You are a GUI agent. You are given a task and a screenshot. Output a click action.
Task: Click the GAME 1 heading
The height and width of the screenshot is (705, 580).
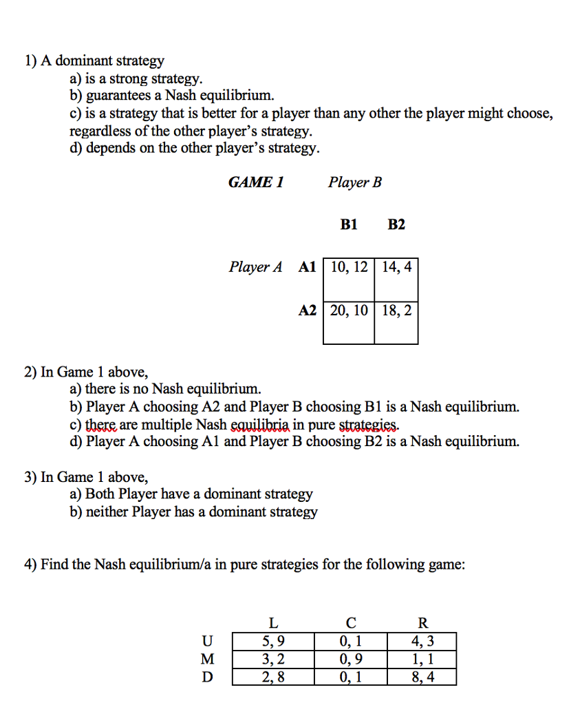pos(256,182)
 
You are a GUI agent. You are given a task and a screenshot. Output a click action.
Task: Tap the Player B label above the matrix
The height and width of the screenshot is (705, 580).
pos(354,182)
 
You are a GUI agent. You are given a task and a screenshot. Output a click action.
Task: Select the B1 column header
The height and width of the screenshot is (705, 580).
pos(349,224)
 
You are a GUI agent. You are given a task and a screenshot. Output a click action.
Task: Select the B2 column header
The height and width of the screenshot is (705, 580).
pos(396,224)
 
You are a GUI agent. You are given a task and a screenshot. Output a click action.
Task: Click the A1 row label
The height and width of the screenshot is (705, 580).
pos(307,267)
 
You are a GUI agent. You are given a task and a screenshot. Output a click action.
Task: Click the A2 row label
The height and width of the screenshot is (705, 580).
pos(307,311)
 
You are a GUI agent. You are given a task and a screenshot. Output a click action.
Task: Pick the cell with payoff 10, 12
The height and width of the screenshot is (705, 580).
pos(349,267)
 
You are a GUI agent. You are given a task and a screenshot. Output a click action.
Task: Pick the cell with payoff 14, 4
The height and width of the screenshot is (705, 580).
pos(396,267)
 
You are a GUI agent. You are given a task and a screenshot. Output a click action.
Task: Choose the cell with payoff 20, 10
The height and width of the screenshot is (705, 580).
pos(349,311)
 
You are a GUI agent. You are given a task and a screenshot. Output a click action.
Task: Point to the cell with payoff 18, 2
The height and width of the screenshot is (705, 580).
pos(396,311)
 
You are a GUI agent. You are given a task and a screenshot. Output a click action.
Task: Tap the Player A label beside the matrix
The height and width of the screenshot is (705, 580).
pos(255,267)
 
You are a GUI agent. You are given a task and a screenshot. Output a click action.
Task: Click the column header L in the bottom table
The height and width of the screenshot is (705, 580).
pos(273,624)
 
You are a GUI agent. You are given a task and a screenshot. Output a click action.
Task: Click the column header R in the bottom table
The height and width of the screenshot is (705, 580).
pos(422,624)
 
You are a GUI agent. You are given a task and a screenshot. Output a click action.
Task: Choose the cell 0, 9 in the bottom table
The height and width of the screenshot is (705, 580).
pos(351,659)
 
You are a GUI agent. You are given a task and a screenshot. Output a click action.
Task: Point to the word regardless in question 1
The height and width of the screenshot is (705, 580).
pos(100,131)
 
